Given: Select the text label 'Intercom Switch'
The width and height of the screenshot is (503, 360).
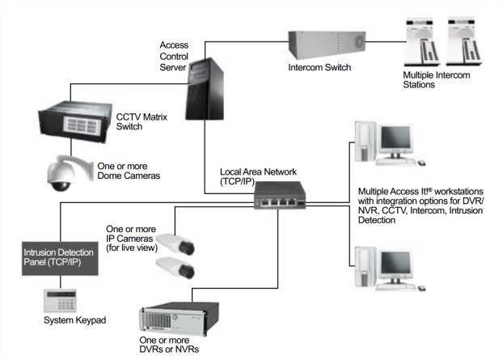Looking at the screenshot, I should [x=319, y=68].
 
